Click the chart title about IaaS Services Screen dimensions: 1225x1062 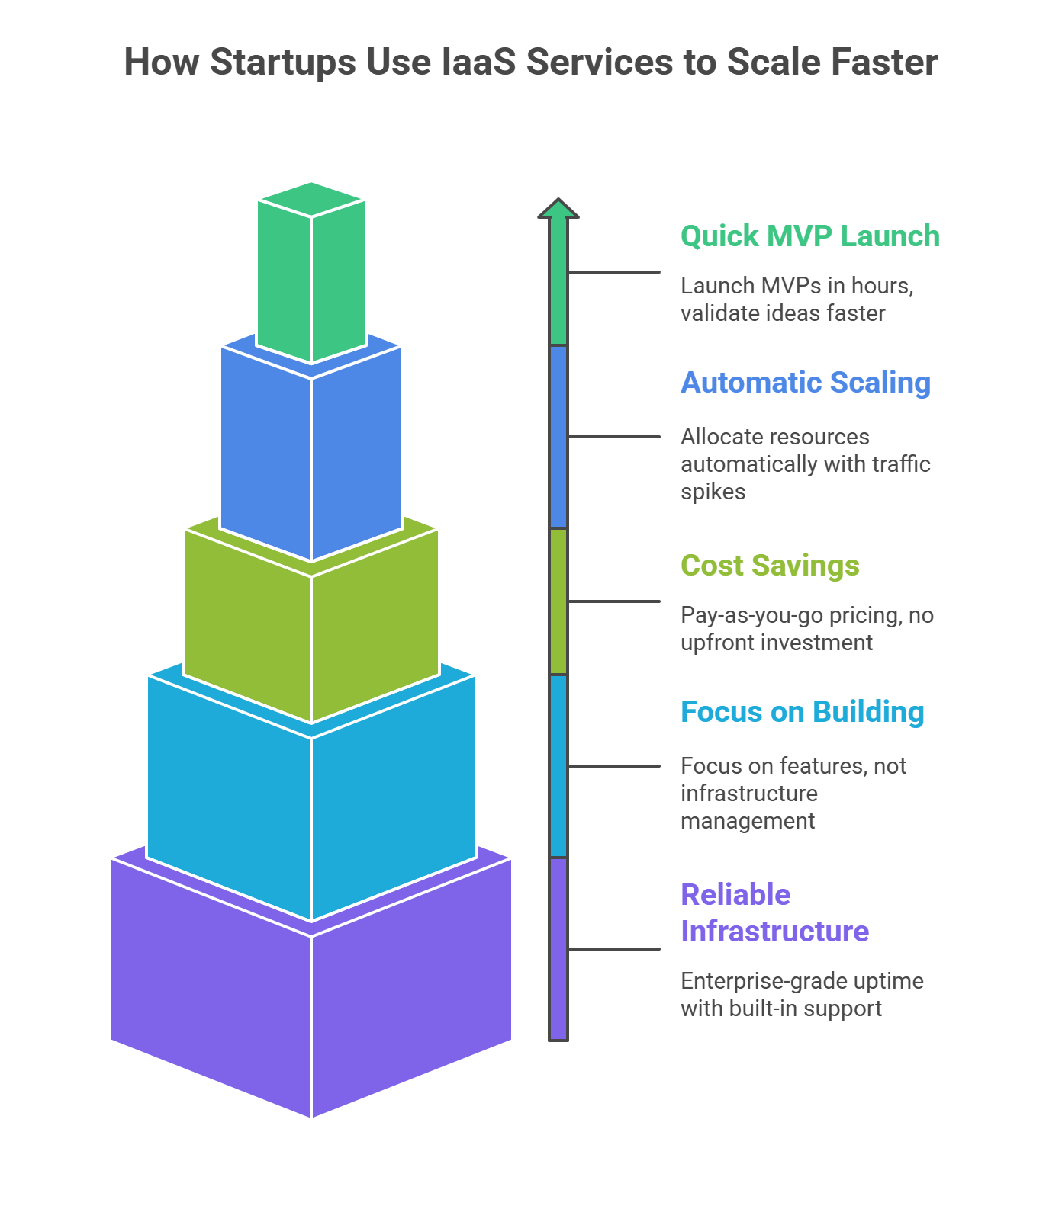(x=530, y=63)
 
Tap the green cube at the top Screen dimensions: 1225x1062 (x=311, y=274)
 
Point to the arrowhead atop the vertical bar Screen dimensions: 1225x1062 (x=558, y=210)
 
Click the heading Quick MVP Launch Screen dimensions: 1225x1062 (x=809, y=236)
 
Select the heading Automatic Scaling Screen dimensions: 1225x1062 (x=805, y=383)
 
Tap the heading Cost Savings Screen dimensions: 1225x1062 (x=770, y=566)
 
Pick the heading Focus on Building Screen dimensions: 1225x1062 (x=802, y=712)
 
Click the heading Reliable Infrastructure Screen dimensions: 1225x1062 (x=774, y=912)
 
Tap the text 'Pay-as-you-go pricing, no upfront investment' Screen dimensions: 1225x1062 (x=806, y=629)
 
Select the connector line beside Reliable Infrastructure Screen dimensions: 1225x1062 (x=614, y=949)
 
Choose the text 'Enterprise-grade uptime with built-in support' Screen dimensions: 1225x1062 (x=801, y=994)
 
